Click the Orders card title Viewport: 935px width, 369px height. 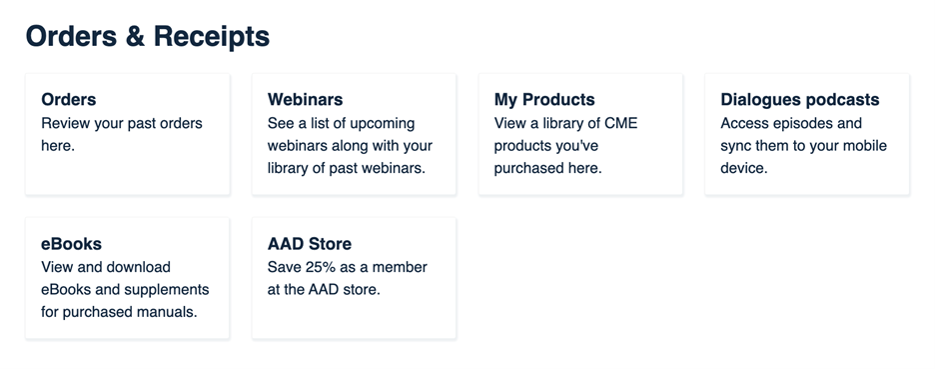pos(69,100)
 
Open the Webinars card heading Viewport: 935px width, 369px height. pos(305,100)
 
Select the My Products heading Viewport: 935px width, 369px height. pos(544,100)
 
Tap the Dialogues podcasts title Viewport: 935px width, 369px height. pos(799,100)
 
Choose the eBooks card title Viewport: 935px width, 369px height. pos(71,244)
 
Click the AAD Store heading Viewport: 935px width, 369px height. pos(310,244)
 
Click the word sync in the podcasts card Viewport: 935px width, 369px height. pos(737,146)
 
